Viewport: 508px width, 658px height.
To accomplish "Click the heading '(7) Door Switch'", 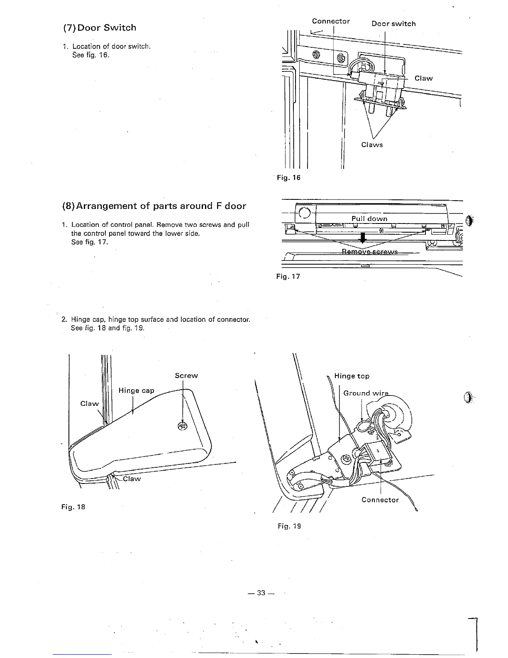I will coord(99,28).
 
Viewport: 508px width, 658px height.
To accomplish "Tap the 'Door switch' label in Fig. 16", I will coord(393,24).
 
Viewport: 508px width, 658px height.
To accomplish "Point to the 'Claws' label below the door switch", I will coord(372,145).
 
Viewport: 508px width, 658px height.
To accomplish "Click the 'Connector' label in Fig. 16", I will coord(331,21).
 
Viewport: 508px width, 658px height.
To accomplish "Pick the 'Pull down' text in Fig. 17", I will coord(369,219).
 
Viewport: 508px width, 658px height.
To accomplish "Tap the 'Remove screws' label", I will coord(369,252).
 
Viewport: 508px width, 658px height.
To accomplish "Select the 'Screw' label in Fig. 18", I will coord(186,376).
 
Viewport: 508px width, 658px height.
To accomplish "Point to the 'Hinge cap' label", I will coord(136,390).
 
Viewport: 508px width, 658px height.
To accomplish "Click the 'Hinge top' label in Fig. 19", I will coord(352,376).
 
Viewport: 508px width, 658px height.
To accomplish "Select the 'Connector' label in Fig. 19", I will coord(380,500).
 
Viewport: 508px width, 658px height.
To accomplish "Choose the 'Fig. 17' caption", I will coord(288,276).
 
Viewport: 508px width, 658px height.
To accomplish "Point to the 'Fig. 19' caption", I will coord(289,526).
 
